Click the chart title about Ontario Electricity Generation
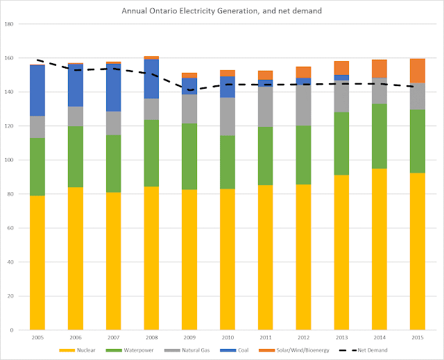tap(222, 12)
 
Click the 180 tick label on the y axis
tap(10, 24)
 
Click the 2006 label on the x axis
tap(76, 337)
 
